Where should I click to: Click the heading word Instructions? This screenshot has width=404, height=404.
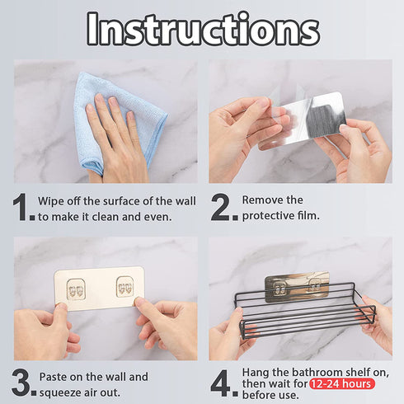tap(203, 30)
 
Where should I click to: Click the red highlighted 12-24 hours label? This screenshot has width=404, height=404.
tap(342, 383)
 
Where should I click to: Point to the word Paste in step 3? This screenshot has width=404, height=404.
tap(53, 377)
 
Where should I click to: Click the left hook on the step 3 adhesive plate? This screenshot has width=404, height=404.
tap(76, 289)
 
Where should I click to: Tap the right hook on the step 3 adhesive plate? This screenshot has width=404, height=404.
tap(125, 287)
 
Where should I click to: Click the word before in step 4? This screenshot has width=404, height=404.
tap(257, 395)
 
